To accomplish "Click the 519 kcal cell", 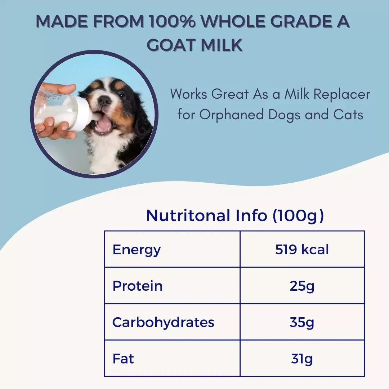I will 302,250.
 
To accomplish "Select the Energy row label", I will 137,250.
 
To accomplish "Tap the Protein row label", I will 137,286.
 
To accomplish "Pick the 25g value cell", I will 302,286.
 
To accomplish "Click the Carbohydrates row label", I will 163,322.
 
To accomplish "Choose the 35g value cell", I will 302,322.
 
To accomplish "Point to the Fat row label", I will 123,359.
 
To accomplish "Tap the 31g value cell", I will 302,359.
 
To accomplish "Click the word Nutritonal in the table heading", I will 188,215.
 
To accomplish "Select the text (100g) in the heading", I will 298,215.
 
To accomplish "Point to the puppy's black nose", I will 105,100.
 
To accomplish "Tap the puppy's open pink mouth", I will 104,124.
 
